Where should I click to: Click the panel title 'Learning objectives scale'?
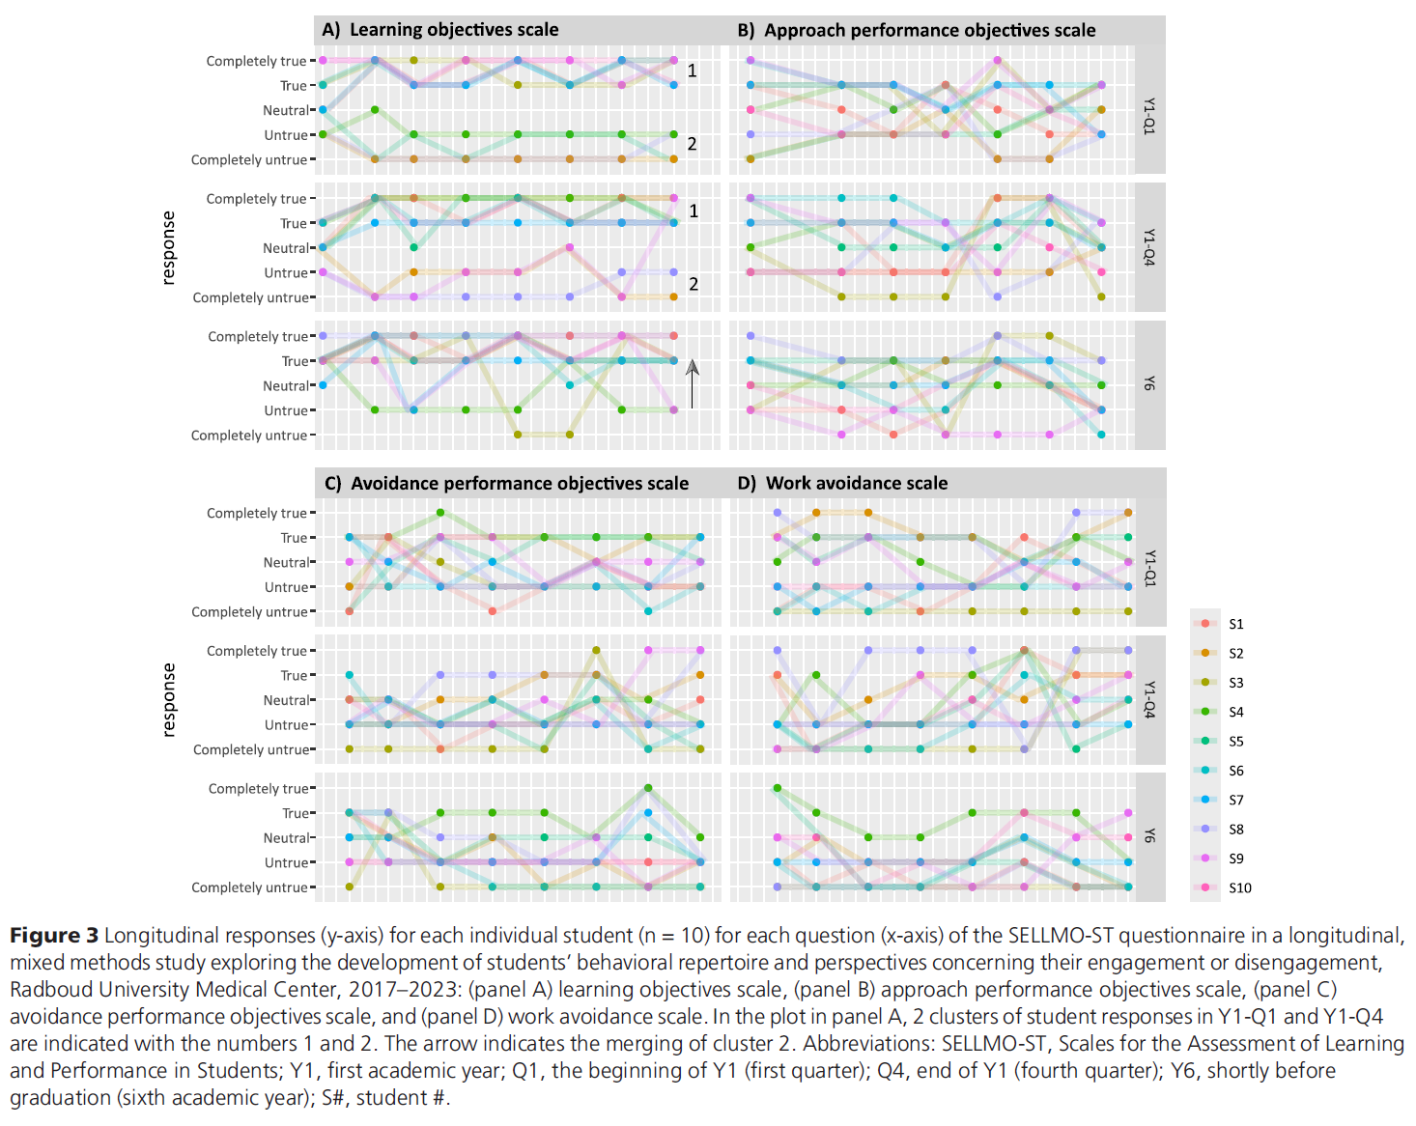(453, 30)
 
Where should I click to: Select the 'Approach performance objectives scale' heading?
(929, 30)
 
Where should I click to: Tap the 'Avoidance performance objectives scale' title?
(519, 483)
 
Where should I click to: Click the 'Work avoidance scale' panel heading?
(856, 483)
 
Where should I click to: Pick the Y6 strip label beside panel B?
(1149, 384)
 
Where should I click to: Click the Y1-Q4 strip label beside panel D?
(1149, 699)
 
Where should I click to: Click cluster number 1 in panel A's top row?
(693, 70)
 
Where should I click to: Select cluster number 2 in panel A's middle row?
(694, 284)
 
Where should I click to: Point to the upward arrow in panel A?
(692, 383)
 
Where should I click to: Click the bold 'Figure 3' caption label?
(54, 936)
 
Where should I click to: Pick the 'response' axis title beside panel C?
(170, 699)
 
